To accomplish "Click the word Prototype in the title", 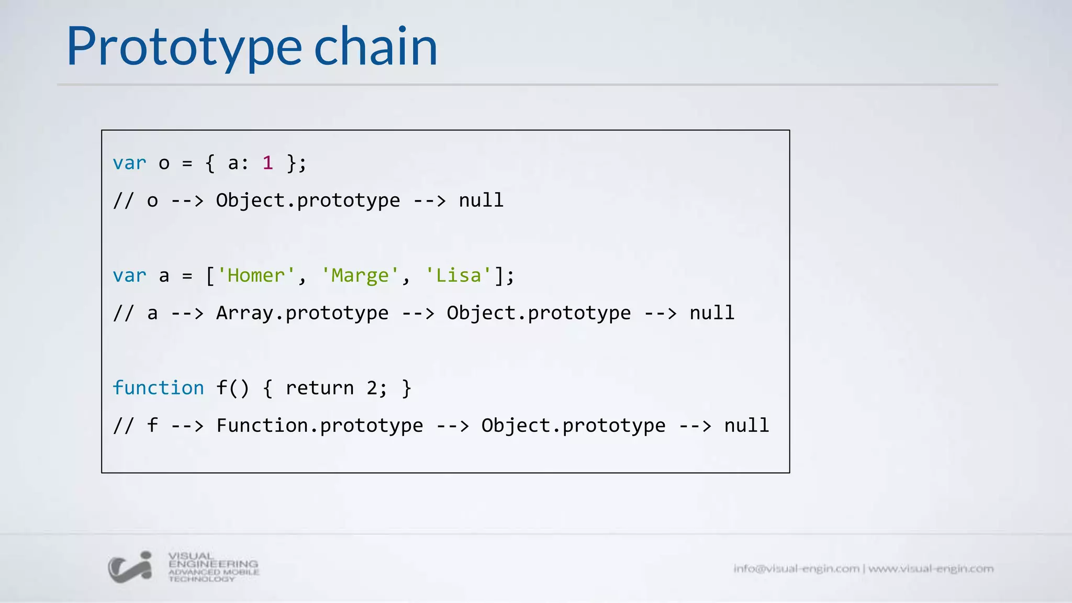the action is coord(184,47).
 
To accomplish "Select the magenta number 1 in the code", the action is coord(267,163).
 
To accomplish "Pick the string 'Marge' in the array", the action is coord(360,275).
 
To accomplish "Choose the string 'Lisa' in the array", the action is coord(459,275).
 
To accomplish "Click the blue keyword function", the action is coord(158,388).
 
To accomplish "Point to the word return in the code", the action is coord(319,388).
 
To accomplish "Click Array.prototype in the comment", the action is coord(302,313).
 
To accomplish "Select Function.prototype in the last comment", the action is coord(319,426).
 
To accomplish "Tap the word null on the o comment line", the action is coord(481,200).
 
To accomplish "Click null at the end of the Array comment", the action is coord(712,313).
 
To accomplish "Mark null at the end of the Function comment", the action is coord(746,426).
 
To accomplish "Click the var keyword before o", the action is coord(129,163).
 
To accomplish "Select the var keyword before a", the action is coord(129,275).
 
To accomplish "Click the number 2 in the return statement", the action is coord(372,388).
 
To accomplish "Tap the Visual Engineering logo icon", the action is coord(130,567).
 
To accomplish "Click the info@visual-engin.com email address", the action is coord(796,568).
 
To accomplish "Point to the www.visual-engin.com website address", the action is coord(931,568).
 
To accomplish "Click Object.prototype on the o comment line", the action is coord(308,200).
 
